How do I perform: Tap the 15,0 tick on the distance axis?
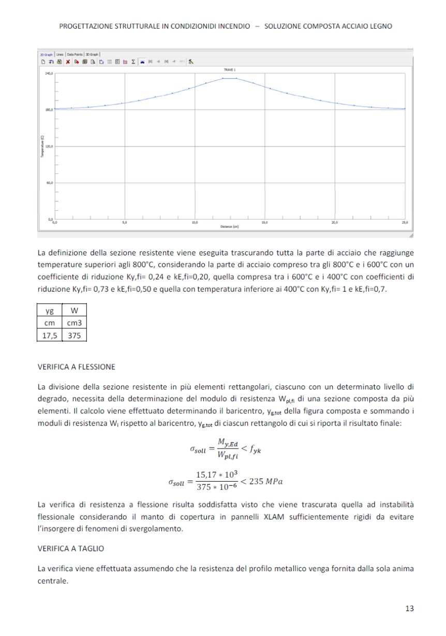point(264,222)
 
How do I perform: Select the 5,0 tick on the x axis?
point(124,222)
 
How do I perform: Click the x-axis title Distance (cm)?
point(229,227)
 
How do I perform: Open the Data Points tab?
point(75,54)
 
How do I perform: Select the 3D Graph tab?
point(92,54)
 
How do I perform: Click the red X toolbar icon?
point(68,61)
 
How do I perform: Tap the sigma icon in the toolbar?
point(133,61)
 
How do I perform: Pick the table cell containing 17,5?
point(50,336)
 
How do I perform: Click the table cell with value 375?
point(73,336)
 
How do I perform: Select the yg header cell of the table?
point(50,311)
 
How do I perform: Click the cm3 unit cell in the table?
point(73,323)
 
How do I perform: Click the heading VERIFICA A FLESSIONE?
point(77,367)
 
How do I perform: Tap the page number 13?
point(410,609)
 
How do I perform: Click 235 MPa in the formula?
point(266,482)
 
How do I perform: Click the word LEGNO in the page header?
point(380,25)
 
